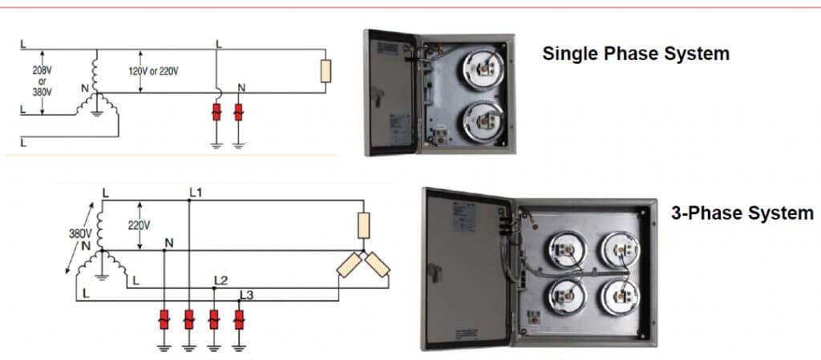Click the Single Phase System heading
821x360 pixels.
tap(636, 55)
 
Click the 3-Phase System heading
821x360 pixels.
tap(742, 213)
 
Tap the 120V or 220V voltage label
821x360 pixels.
tap(153, 71)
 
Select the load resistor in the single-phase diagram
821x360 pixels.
tap(326, 71)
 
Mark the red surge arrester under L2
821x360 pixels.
tap(213, 321)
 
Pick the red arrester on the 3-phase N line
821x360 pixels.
tap(165, 321)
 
